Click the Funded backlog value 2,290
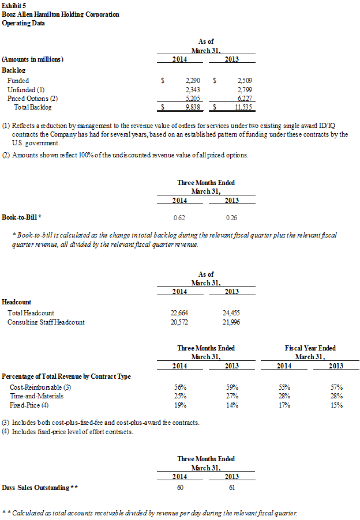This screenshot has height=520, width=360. (x=193, y=81)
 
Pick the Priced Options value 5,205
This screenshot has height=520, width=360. (x=193, y=99)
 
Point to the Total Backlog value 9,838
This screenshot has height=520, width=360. (x=193, y=107)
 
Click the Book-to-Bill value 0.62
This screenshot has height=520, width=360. (x=179, y=218)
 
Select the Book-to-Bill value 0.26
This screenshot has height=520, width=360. (x=231, y=218)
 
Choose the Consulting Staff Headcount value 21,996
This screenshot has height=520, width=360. (x=231, y=322)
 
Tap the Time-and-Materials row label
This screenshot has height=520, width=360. (x=35, y=396)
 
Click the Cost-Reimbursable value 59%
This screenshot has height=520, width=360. (x=231, y=387)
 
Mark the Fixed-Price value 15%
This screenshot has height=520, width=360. (x=336, y=405)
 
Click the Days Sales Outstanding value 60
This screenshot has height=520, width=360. (x=180, y=487)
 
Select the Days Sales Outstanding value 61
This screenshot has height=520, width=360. (x=231, y=487)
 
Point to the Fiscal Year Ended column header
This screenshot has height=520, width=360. (x=310, y=348)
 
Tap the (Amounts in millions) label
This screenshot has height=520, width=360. (x=33, y=59)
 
